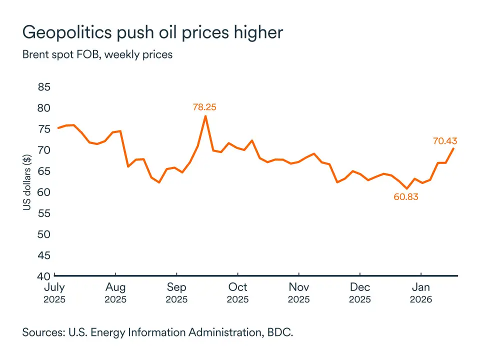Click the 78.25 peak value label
204,106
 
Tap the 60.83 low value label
406,197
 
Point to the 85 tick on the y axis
44,87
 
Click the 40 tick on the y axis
44,276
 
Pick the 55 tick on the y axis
44,213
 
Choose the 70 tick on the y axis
44,150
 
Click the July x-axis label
54,287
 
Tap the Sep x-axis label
176,287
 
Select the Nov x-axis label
298,287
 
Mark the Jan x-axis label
421,287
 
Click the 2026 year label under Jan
421,300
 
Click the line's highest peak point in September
205,116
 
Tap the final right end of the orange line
453,148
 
